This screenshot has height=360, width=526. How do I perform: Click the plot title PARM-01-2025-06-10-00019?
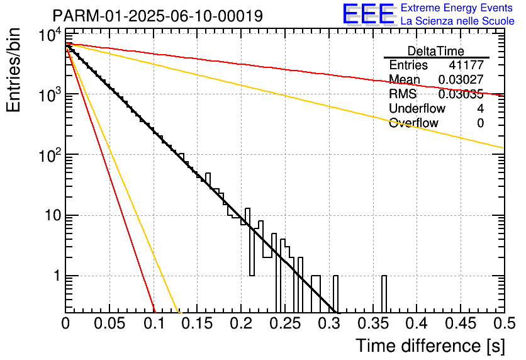[x=158, y=16]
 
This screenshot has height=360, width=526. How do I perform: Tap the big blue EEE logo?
[x=368, y=14]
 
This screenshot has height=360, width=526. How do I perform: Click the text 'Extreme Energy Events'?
[x=457, y=8]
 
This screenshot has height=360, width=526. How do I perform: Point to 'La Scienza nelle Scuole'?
[x=457, y=21]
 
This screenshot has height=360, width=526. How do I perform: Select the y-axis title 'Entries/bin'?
[x=13, y=70]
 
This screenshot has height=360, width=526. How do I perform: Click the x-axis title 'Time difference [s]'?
[x=430, y=346]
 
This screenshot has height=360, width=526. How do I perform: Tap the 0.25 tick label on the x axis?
[x=286, y=323]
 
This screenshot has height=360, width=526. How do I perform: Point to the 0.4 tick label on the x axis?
[x=418, y=323]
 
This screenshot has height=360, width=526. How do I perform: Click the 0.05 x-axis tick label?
[x=109, y=323]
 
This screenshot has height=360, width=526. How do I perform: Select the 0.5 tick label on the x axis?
[x=504, y=323]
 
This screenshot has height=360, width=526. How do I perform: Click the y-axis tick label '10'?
[x=53, y=215]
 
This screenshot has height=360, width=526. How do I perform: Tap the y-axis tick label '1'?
[x=57, y=276]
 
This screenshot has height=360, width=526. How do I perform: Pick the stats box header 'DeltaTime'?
[x=436, y=51]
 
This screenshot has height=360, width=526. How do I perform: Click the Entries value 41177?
[x=467, y=65]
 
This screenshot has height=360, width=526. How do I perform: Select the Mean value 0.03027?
[x=461, y=79]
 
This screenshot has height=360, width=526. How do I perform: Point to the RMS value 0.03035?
[x=461, y=94]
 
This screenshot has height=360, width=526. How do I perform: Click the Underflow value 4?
[x=480, y=108]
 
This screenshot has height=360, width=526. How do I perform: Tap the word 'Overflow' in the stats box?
[x=413, y=123]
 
